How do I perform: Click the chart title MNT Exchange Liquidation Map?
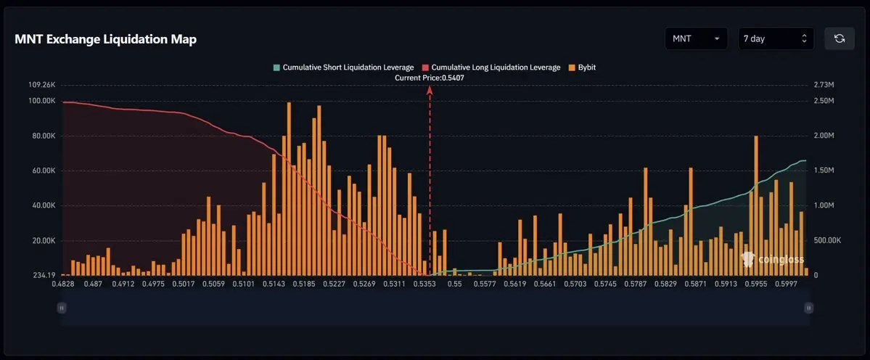point(105,39)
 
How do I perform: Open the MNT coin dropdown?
point(696,38)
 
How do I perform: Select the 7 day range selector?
point(776,38)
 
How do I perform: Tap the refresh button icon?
point(840,38)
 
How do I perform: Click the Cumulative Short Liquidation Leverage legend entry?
point(343,67)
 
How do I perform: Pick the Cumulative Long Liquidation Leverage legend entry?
point(491,67)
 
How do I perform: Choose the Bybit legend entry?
point(582,67)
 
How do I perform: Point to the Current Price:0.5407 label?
point(430,78)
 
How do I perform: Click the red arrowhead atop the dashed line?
point(430,90)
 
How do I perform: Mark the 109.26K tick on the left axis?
point(42,85)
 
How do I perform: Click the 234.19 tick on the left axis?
point(44,275)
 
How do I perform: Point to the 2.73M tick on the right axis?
point(824,85)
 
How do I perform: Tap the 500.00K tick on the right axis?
point(827,241)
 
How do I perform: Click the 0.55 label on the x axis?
point(454,285)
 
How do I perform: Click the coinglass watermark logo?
point(772,259)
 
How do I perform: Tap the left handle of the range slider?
point(62,308)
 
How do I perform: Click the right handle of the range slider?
point(809,308)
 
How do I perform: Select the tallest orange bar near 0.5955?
point(756,205)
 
